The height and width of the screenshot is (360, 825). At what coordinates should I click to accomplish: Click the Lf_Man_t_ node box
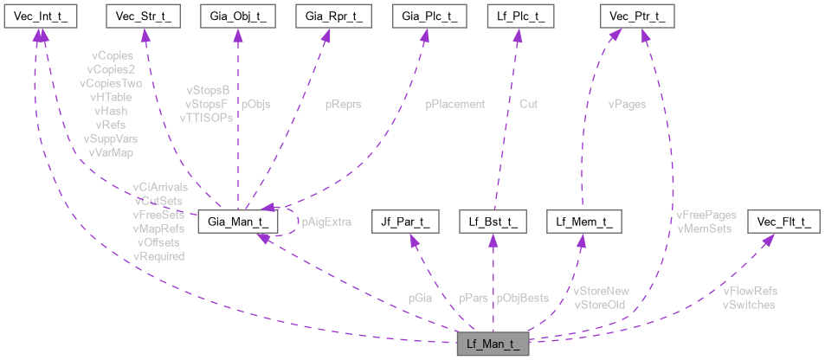492,344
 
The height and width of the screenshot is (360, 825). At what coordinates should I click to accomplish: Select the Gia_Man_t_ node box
238,222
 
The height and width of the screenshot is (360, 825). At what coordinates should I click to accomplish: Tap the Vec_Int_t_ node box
35,15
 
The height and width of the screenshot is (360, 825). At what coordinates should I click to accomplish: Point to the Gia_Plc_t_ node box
423,15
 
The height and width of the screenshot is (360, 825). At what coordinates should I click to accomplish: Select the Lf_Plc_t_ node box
518,15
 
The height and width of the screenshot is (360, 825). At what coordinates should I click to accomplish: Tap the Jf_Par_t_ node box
403,222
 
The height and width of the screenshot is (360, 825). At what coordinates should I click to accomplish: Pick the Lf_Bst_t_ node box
492,222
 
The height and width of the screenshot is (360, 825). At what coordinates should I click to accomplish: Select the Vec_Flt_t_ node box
783,222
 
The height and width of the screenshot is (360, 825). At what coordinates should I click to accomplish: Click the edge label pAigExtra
326,222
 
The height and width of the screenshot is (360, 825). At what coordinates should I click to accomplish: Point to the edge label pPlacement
454,104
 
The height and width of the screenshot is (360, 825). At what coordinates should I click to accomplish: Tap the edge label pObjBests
522,298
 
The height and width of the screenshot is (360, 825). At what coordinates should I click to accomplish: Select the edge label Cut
528,104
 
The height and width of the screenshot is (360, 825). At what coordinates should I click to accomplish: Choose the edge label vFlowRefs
750,291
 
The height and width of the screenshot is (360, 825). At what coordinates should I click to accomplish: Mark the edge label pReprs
344,104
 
